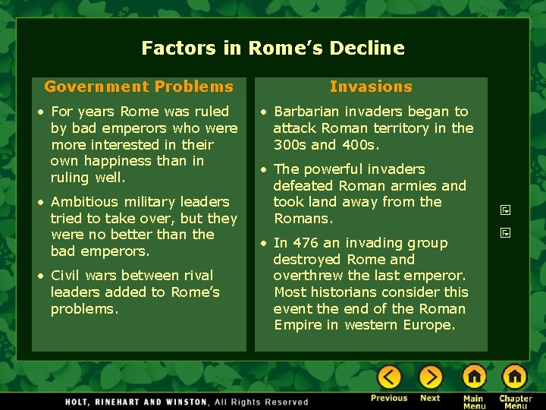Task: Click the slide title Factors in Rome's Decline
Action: (273, 49)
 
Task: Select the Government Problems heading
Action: (139, 87)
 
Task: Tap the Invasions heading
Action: (371, 87)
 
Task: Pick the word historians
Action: (340, 292)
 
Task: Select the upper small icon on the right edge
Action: (506, 210)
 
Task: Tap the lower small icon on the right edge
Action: (506, 232)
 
